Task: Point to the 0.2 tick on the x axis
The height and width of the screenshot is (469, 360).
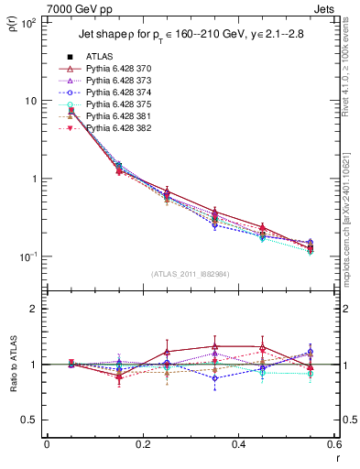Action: [x=142, y=446]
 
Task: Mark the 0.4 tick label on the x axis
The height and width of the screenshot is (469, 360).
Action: [x=238, y=446]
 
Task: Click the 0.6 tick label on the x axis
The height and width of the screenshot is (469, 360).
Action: [x=333, y=446]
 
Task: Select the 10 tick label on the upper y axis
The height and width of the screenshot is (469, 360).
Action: [x=30, y=101]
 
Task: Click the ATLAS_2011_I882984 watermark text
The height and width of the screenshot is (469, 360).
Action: [x=191, y=275]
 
